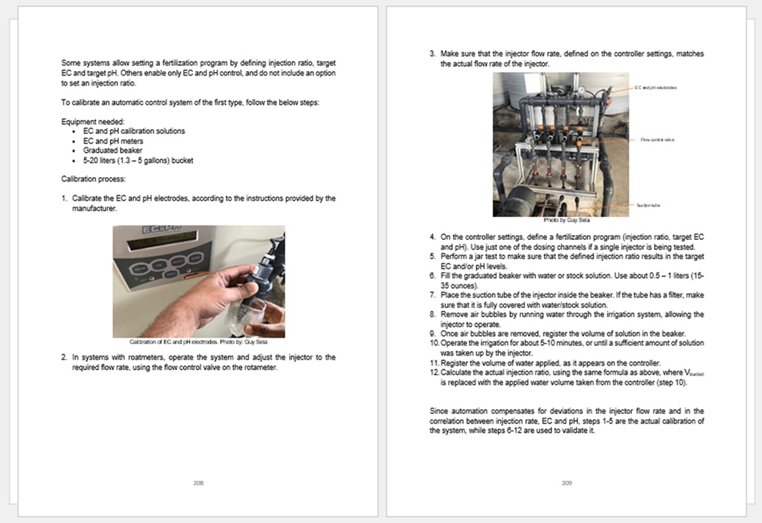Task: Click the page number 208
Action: pyautogui.click(x=198, y=482)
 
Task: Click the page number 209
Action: pyautogui.click(x=567, y=482)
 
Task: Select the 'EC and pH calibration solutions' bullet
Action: pyautogui.click(x=134, y=131)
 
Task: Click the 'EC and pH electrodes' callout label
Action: pyautogui.click(x=655, y=88)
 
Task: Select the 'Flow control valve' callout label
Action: pyautogui.click(x=658, y=139)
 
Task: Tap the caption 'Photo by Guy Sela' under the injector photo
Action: pyautogui.click(x=561, y=219)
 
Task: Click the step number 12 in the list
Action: pyautogui.click(x=434, y=372)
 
